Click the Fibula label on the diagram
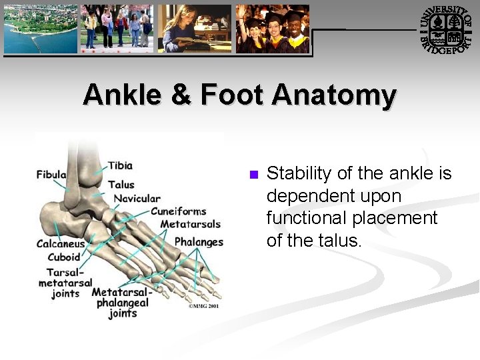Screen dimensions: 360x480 51,175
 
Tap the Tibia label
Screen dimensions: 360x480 120,165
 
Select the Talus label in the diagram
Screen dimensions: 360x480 121,185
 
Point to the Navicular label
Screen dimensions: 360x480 137,198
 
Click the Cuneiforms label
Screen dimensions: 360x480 178,211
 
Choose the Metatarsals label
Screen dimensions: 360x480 190,224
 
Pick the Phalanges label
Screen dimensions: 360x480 199,241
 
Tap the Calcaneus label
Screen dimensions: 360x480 61,244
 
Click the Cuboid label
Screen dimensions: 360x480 64,257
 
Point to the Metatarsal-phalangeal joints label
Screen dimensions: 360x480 122,303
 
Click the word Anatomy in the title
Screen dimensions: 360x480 333,95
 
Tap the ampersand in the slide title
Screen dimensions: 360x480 180,95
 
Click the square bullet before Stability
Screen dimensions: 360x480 253,175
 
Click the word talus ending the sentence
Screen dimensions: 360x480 339,240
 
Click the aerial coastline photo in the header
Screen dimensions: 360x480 41,29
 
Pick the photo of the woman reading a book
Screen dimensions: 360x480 195,29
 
